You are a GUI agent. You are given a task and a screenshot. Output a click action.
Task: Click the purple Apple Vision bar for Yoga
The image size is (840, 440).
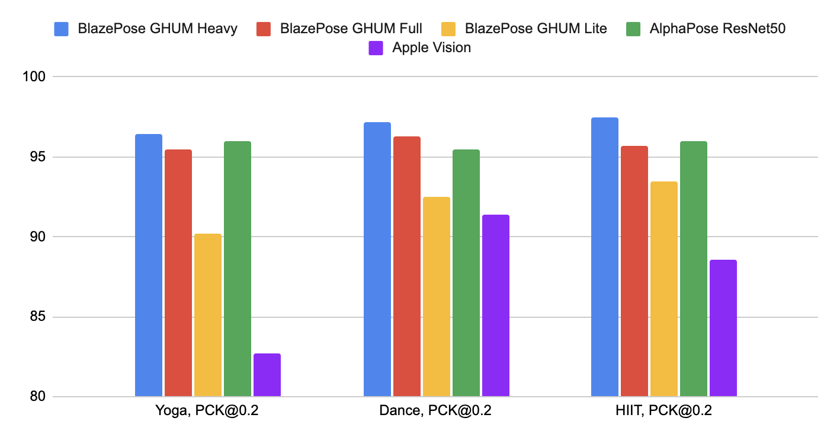click(267, 375)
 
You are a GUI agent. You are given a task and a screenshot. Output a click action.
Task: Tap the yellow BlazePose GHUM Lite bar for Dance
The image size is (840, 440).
click(437, 296)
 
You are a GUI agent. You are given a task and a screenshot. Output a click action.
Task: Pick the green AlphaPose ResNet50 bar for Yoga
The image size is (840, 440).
click(238, 269)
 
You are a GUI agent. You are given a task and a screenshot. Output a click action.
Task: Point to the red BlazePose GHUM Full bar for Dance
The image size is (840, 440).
click(407, 266)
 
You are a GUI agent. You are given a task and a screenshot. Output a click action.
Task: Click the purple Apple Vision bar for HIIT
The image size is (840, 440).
click(723, 328)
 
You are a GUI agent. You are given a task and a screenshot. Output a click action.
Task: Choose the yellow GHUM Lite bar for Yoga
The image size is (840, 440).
click(208, 315)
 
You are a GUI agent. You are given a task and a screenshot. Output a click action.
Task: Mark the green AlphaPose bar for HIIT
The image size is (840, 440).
click(694, 269)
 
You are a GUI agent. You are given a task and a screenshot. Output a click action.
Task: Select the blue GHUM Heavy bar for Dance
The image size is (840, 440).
click(377, 259)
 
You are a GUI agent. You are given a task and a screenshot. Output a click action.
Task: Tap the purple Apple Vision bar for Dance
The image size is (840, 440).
click(496, 305)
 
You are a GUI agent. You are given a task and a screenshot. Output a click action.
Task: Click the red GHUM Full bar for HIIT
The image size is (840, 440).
click(634, 271)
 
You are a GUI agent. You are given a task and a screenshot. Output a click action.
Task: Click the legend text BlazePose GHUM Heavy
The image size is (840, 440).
click(158, 28)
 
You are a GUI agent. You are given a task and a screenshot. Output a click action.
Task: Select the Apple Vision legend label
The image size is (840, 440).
click(431, 48)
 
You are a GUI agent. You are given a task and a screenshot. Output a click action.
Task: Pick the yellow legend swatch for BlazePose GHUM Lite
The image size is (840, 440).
click(449, 28)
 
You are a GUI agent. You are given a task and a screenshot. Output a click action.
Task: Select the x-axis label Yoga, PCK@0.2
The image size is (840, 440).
click(207, 411)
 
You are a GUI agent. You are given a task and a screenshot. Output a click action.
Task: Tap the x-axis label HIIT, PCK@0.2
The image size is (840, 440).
click(664, 411)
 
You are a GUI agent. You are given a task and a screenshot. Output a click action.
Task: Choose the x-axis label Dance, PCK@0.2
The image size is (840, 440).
click(436, 411)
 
